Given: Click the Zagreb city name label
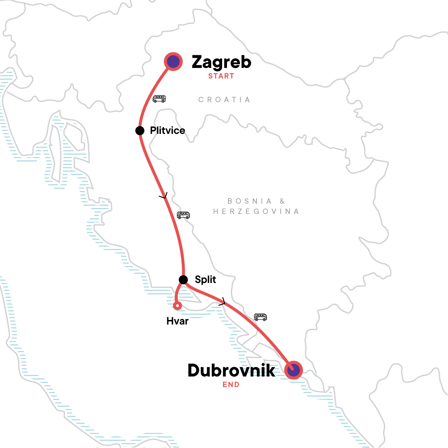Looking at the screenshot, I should pyautogui.click(x=221, y=62).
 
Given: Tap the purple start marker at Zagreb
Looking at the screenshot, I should pyautogui.click(x=173, y=62).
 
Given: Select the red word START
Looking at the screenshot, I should pyautogui.click(x=221, y=76).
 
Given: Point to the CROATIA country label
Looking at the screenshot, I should pyautogui.click(x=224, y=100).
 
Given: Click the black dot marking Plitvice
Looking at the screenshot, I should pyautogui.click(x=140, y=131).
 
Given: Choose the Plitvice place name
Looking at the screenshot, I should pyautogui.click(x=167, y=131).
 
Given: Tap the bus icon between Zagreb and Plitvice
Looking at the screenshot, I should pyautogui.click(x=159, y=99).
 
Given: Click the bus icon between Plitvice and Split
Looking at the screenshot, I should pyautogui.click(x=183, y=215).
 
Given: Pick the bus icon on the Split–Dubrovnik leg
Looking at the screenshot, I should pyautogui.click(x=261, y=317).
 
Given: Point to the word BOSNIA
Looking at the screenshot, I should pyautogui.click(x=250, y=201).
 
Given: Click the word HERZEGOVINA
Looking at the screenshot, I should pyautogui.click(x=256, y=212).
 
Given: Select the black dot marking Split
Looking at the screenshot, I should pyautogui.click(x=183, y=280).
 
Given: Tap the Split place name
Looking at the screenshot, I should pyautogui.click(x=205, y=280).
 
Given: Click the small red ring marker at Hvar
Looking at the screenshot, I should pyautogui.click(x=178, y=306).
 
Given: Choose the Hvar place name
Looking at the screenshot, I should pyautogui.click(x=177, y=321).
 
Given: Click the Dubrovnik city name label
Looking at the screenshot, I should pyautogui.click(x=231, y=370).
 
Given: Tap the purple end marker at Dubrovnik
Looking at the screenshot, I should pyautogui.click(x=293, y=370).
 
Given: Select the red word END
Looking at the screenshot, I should pyautogui.click(x=231, y=385).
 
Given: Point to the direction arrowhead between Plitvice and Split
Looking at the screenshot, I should pyautogui.click(x=164, y=196).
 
